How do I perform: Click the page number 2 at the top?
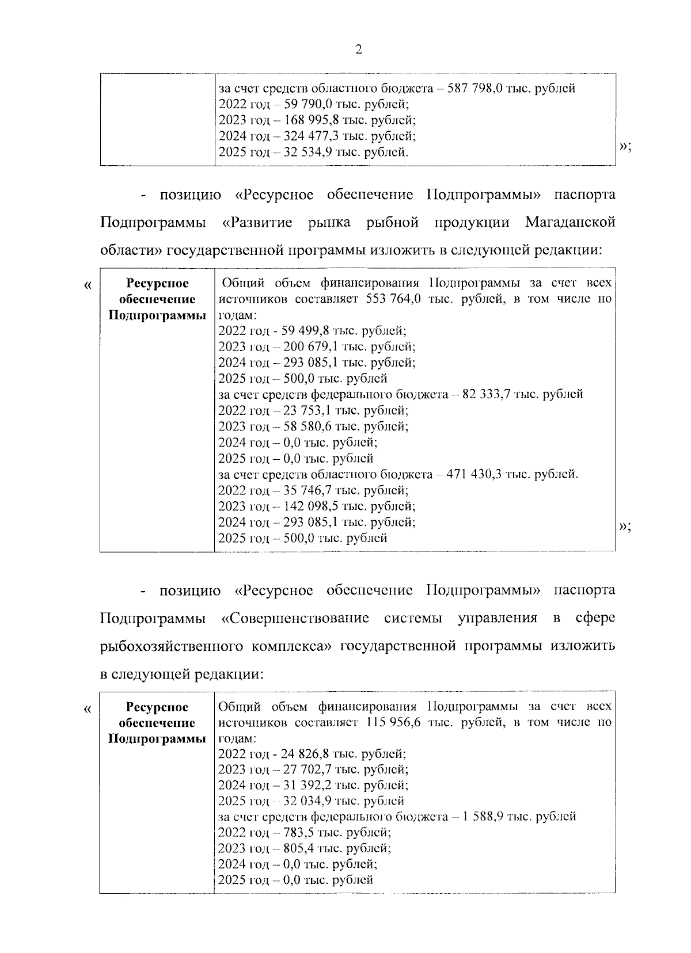(358, 50)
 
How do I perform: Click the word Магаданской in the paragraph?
(570, 222)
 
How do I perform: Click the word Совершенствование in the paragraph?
(299, 618)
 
